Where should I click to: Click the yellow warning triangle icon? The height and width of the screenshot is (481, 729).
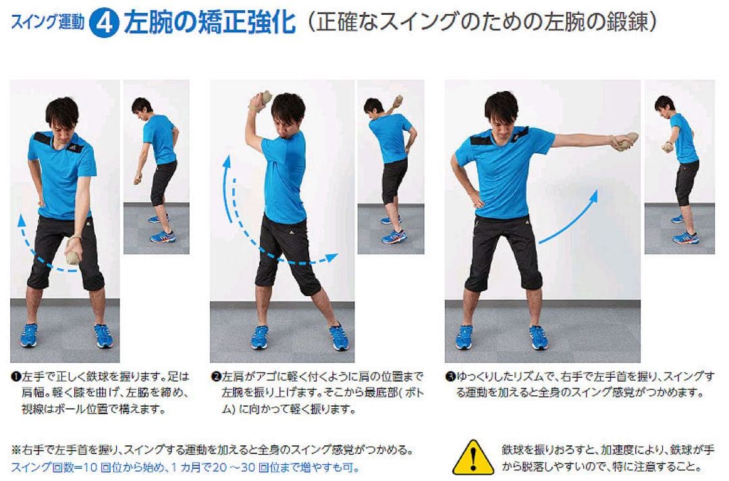473,457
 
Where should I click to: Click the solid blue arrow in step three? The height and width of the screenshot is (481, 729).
569,215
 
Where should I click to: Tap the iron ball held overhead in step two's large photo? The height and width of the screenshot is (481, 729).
260,100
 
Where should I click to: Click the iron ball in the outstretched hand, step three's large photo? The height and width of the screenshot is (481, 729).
624,140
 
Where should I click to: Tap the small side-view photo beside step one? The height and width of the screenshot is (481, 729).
156,167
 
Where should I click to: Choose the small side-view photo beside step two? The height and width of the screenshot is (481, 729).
390,167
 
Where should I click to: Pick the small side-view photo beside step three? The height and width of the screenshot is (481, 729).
679,167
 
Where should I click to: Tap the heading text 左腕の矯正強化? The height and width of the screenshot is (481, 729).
210,22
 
